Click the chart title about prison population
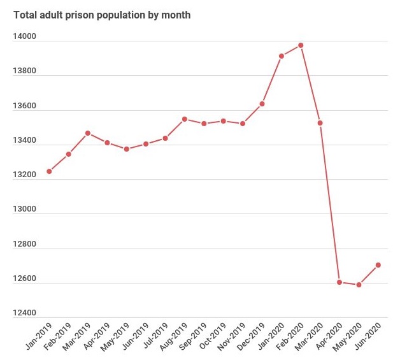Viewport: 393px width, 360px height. tap(102, 15)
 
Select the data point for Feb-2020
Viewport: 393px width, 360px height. tap(301, 45)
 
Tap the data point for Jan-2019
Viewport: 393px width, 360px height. tap(49, 171)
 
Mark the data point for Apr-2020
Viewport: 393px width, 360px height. tap(339, 282)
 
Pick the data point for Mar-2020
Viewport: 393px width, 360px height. tap(320, 123)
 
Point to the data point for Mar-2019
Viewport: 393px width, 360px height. tap(88, 133)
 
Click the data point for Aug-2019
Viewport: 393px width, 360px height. tap(185, 119)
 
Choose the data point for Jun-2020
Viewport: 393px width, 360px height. tap(378, 265)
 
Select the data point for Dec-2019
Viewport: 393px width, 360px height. tap(262, 104)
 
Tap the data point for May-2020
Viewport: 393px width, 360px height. tap(359, 285)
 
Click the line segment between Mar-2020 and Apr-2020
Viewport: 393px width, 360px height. tap(330, 203)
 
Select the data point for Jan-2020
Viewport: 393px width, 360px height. tap(281, 56)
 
